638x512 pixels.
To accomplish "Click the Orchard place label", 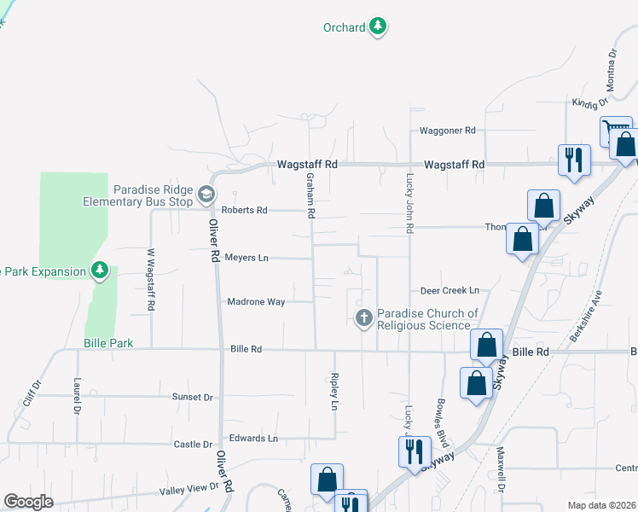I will pos(344,27).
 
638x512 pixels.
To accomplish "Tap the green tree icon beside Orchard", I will pos(378,27).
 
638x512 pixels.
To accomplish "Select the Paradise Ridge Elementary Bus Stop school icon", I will pos(206,195).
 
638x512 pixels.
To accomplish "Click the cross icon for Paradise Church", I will pos(363,318).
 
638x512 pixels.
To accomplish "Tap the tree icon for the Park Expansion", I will pos(101,271).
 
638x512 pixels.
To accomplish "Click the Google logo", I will pos(28,502).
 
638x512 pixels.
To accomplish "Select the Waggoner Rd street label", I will pos(447,131).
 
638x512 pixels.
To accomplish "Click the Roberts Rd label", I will pos(244,210).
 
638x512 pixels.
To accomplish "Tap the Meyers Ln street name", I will pos(246,257).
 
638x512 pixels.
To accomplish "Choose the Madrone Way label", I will pos(256,301).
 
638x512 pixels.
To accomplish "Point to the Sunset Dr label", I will pos(192,397).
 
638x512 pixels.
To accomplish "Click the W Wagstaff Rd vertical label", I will pos(152,280).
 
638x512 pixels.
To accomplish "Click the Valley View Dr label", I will pos(189,490).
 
